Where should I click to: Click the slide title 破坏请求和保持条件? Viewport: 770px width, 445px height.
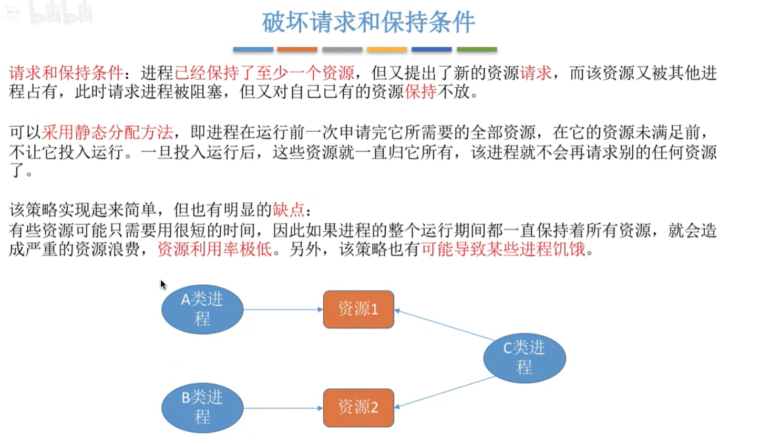[x=368, y=22]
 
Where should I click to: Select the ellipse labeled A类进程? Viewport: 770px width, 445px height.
[x=202, y=309]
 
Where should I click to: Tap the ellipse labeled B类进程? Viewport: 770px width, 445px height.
[x=202, y=407]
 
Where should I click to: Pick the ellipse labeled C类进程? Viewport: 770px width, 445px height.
[x=524, y=357]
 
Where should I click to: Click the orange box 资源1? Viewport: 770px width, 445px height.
[x=358, y=309]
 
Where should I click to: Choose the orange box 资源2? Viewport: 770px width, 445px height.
[x=358, y=407]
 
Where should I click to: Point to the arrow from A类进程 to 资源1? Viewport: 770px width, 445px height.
[x=283, y=309]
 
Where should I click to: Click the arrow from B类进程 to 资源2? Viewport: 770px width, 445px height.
[x=283, y=408]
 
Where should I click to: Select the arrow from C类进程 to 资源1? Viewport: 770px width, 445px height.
[x=444, y=325]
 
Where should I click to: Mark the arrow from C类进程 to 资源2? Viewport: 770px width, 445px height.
[x=444, y=392]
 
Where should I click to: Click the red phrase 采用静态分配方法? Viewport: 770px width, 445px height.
[x=107, y=132]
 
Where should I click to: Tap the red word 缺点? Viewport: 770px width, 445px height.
[x=288, y=210]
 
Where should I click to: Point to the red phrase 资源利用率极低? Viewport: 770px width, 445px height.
[x=214, y=249]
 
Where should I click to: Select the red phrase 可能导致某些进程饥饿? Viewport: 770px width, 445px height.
[x=503, y=249]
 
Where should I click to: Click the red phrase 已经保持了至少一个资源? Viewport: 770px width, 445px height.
[x=264, y=73]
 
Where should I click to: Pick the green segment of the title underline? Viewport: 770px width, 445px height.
[x=477, y=49]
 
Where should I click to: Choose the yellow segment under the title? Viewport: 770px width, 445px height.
[x=387, y=49]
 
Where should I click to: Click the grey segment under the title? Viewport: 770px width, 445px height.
[x=342, y=49]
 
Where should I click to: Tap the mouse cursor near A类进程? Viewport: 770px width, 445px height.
[x=163, y=284]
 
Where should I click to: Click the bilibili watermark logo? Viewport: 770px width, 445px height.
[x=60, y=13]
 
